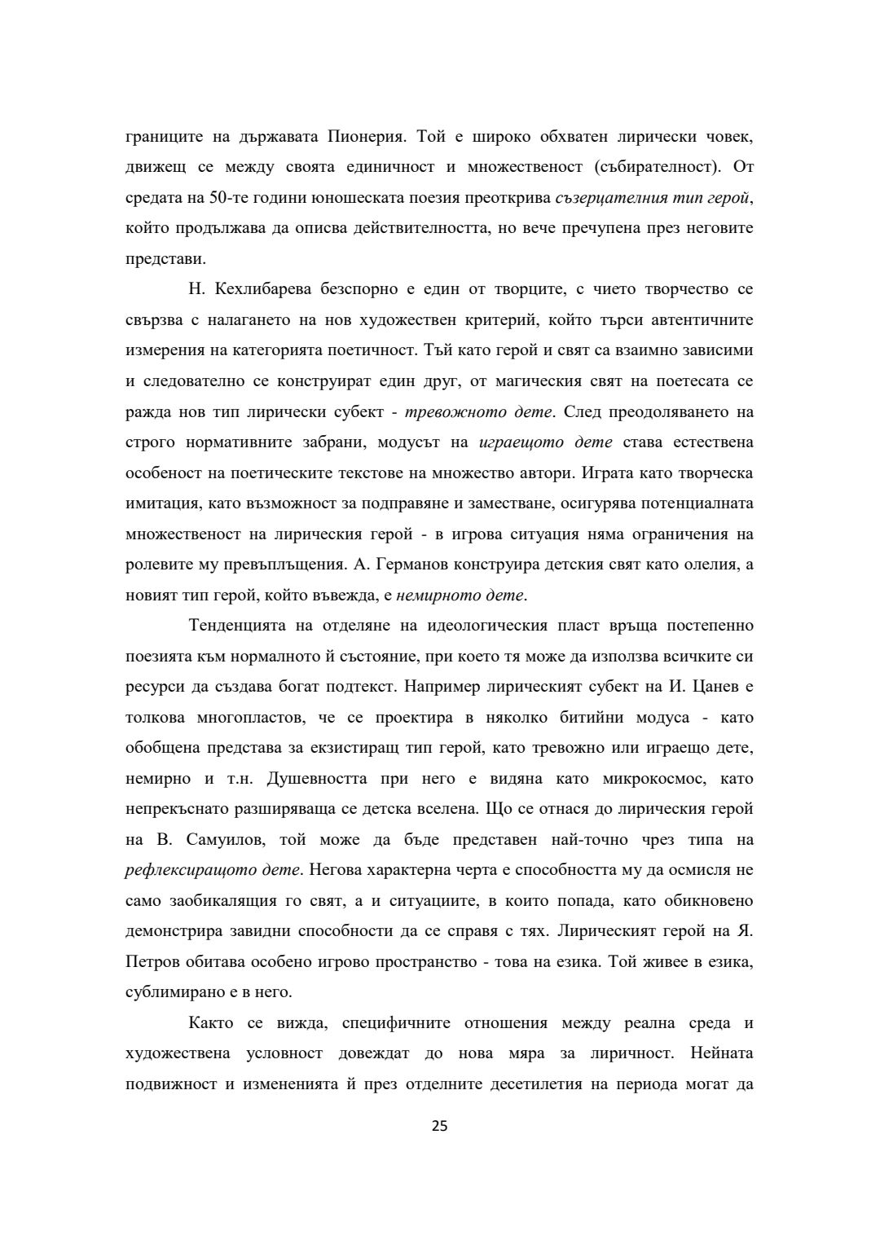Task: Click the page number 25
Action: [x=439, y=1127]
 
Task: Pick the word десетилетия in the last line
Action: [x=537, y=1084]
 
